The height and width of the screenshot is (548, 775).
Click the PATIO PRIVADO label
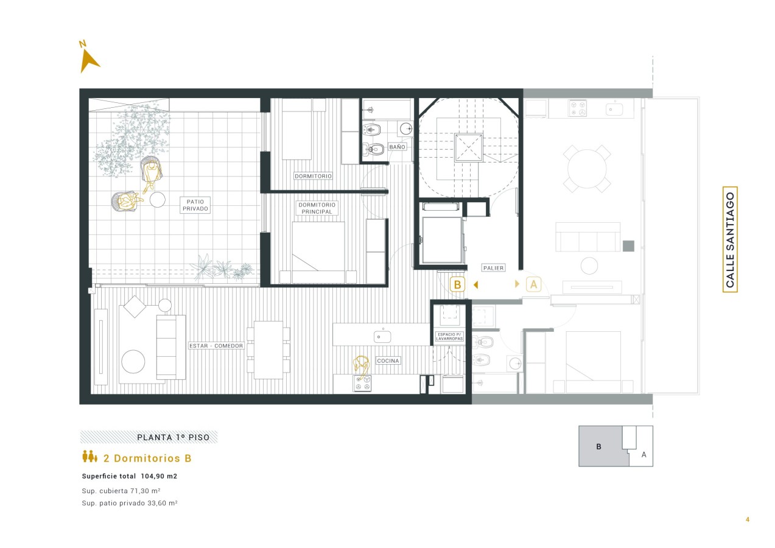click(195, 205)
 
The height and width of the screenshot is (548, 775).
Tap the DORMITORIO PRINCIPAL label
click(317, 208)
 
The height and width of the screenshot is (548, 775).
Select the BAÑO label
click(397, 147)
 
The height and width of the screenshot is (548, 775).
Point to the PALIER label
click(493, 268)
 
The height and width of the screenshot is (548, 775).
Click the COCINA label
click(388, 361)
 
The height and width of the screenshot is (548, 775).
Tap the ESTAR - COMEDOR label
click(216, 346)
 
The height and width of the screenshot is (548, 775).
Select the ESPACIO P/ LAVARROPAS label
click(449, 337)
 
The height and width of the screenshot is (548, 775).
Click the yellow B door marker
click(457, 284)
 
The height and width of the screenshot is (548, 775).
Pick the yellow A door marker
click(533, 284)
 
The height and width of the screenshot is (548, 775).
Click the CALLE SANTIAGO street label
click(730, 239)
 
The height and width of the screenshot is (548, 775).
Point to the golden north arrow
click(88, 60)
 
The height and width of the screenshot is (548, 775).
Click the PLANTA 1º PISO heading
click(173, 437)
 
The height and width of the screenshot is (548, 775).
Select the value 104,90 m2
click(159, 476)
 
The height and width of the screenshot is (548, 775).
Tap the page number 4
click(748, 519)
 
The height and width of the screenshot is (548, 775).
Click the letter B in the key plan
click(598, 447)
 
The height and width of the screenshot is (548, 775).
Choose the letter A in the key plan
click(644, 455)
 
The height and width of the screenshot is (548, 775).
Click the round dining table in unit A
click(587, 169)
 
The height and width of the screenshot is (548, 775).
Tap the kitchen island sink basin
click(382, 337)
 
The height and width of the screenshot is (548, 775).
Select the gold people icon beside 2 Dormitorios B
click(89, 456)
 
